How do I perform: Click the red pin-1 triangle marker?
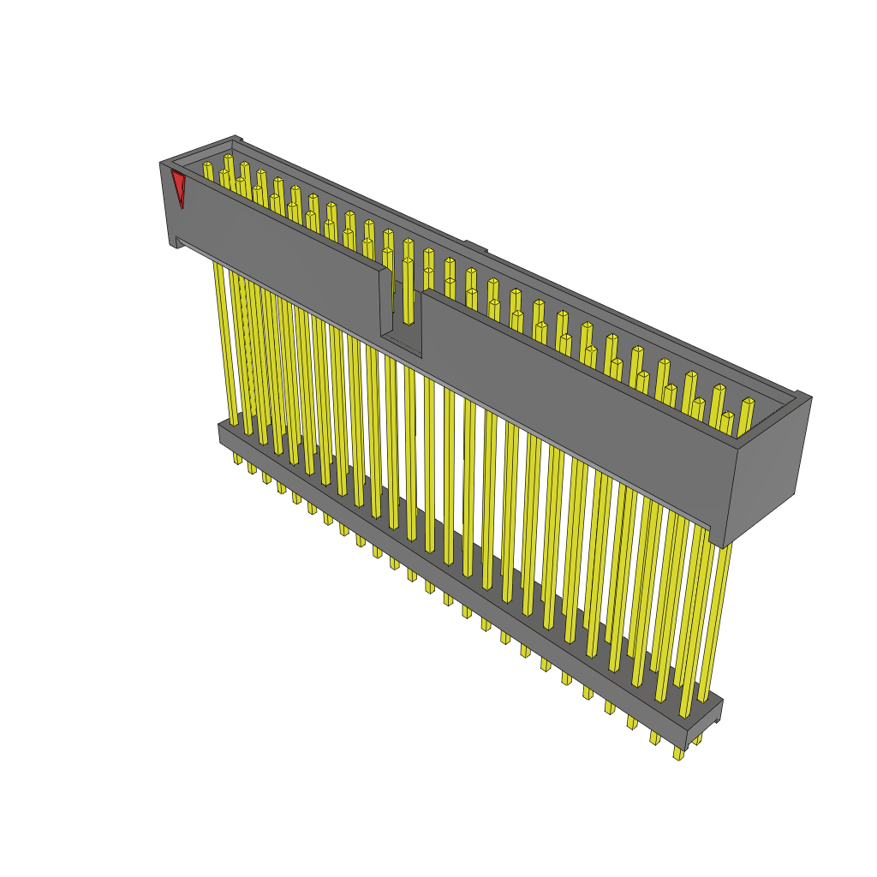coord(179,188)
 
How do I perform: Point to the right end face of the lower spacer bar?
coord(718,711)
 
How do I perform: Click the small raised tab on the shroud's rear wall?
coord(475,248)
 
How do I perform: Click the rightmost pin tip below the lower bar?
coord(677,755)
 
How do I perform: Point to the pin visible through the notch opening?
coord(408,291)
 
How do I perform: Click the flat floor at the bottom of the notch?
coord(401,342)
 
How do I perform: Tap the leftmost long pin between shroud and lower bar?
coord(225,343)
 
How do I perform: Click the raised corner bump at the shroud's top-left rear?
coord(237,140)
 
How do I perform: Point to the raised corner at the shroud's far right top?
coord(802,396)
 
